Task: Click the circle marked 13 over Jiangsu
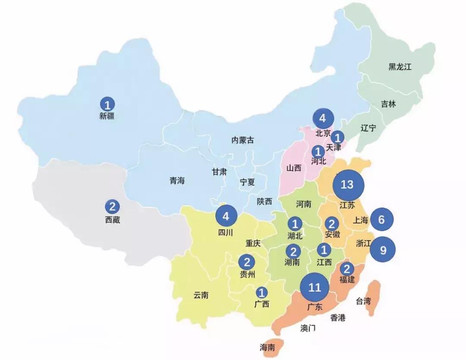(347, 185)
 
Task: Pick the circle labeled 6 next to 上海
(381, 220)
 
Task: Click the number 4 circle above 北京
(323, 118)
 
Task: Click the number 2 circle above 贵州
(247, 262)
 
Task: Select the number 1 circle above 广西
(261, 292)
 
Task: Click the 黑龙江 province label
(400, 67)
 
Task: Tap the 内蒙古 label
(243, 140)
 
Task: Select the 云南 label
(201, 296)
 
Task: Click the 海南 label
(268, 347)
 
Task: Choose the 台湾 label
(363, 301)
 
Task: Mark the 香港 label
(338, 318)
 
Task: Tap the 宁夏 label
(247, 182)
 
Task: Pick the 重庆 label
(253, 243)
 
